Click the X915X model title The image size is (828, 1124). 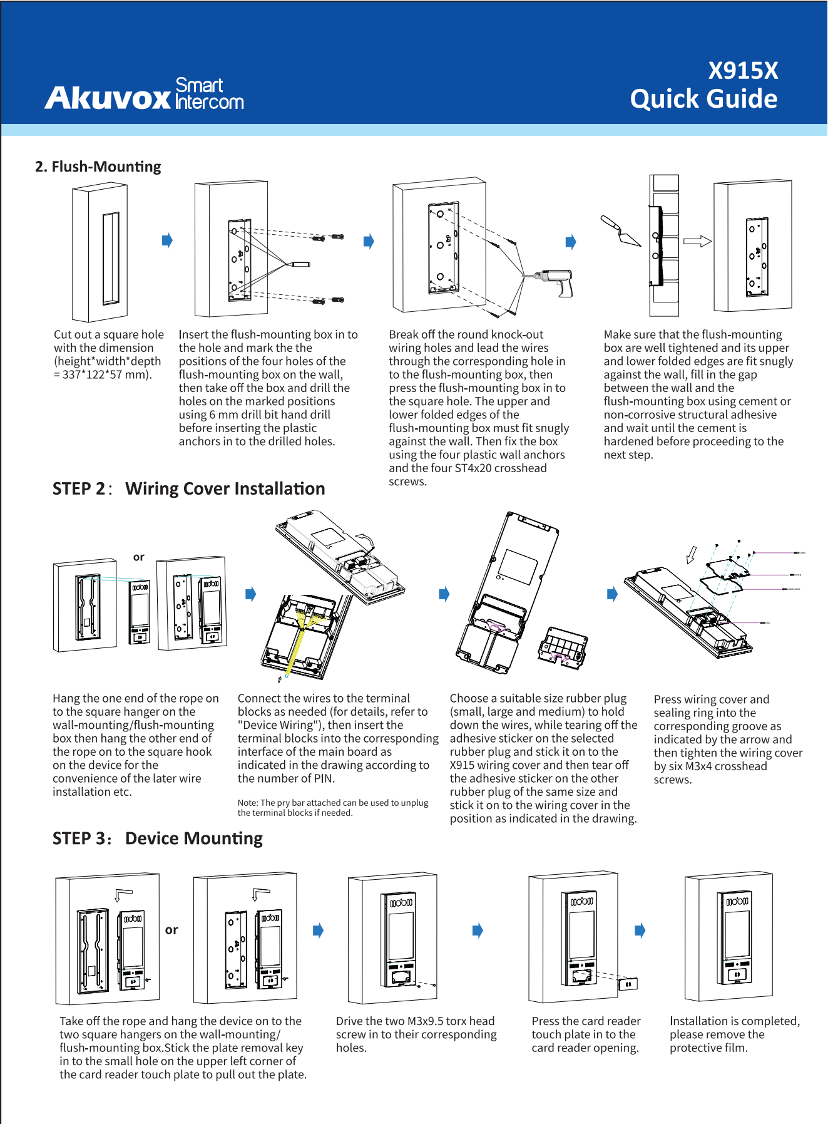(x=743, y=71)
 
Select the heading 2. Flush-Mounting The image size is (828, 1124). (x=98, y=167)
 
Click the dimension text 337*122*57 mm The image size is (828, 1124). (x=103, y=374)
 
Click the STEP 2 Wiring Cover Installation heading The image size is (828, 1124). (x=188, y=488)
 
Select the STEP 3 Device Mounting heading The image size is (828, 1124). (x=157, y=838)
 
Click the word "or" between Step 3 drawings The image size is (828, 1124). (x=171, y=930)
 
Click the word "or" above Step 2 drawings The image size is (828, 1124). (x=139, y=557)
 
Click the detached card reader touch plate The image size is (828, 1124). (x=628, y=984)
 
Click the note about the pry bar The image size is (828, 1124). (x=332, y=808)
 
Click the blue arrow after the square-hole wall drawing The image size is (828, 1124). (x=166, y=240)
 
